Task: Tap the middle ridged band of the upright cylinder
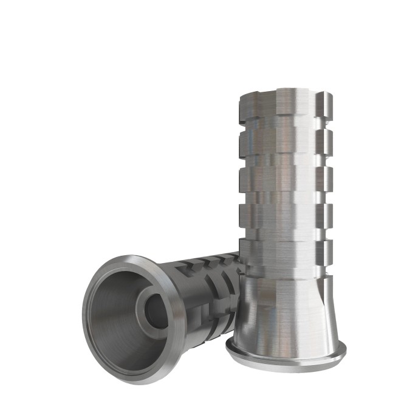pos(286,179)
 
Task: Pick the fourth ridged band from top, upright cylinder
pos(286,216)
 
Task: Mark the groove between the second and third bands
pos(286,162)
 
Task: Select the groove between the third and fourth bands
pos(286,197)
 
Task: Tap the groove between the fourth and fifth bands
pos(286,233)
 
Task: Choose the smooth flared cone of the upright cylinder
pos(286,310)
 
